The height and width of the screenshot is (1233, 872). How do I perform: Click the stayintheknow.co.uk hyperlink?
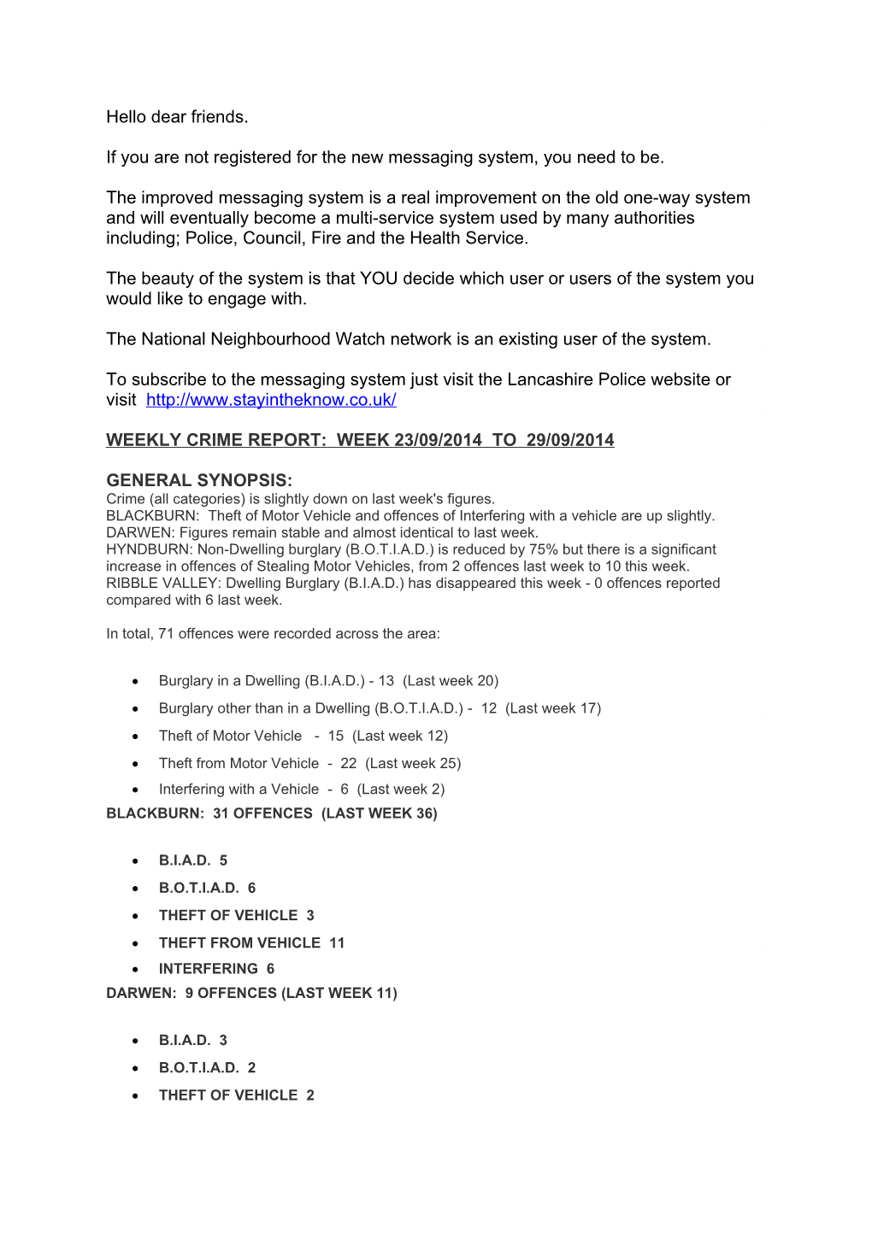click(271, 400)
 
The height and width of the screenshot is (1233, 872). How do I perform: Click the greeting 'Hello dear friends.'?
click(177, 117)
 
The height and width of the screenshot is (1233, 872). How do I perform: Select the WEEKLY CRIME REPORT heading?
click(359, 440)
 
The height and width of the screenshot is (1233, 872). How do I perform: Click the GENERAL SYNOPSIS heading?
click(199, 480)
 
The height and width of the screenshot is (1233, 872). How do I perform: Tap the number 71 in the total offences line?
click(166, 633)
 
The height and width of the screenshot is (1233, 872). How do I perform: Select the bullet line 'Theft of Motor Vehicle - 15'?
click(303, 736)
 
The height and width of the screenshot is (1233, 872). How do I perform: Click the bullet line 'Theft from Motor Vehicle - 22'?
click(309, 763)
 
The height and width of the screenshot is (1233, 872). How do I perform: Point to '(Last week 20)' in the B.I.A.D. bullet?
click(451, 681)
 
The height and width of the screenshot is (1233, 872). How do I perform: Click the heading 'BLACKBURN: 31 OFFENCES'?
click(271, 813)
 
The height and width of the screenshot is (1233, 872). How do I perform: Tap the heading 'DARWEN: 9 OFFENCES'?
click(251, 993)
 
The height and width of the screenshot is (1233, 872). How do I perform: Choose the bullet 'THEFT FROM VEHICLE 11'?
click(251, 942)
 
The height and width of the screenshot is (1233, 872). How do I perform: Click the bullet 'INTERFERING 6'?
click(216, 968)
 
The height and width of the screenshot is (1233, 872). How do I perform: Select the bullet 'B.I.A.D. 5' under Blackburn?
click(193, 860)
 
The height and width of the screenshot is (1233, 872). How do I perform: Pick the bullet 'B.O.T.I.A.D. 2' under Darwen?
click(207, 1067)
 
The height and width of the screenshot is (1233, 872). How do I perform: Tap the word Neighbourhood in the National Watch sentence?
click(270, 339)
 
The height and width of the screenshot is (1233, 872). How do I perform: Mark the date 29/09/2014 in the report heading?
click(570, 440)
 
